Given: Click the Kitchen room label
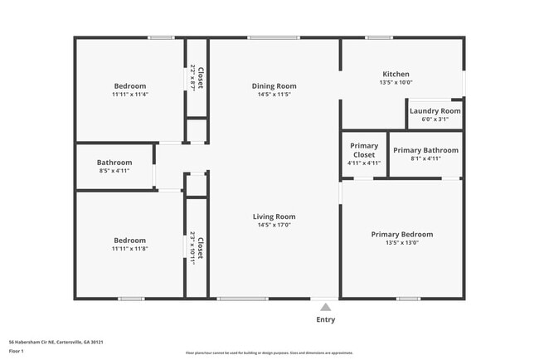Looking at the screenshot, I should (x=396, y=74).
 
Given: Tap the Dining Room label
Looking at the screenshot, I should (x=274, y=85).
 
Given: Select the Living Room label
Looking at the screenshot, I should (x=274, y=216).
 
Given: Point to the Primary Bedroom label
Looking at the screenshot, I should (x=401, y=234).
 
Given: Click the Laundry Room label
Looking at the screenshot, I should (x=434, y=110).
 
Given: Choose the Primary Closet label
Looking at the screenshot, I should (x=363, y=150).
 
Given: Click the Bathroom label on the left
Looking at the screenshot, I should (x=114, y=163).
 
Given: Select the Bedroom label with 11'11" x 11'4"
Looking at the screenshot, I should (x=129, y=86).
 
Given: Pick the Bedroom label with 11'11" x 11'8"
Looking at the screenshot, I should (x=129, y=240).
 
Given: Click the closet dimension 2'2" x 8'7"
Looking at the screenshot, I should (x=192, y=78).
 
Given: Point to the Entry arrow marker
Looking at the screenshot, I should (x=325, y=304).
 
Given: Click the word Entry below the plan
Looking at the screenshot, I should (x=325, y=319).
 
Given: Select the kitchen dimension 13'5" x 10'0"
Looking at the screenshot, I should (x=396, y=82).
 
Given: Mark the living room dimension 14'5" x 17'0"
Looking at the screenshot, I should (x=274, y=225).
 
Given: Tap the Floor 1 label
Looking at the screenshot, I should (x=16, y=351).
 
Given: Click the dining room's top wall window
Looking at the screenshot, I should (x=274, y=37).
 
